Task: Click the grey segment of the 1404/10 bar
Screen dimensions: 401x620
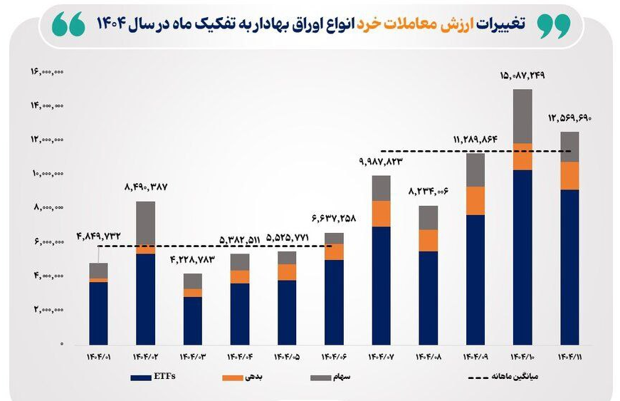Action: coord(522,116)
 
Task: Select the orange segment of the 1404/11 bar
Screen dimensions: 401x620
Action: coord(569,175)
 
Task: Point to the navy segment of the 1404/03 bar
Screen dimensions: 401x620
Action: coord(192,321)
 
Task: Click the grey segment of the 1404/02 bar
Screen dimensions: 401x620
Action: coord(145,223)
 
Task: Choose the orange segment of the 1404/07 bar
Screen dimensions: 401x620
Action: coord(381,213)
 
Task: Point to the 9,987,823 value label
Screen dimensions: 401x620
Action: coord(381,162)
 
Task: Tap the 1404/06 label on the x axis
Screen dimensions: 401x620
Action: coord(334,355)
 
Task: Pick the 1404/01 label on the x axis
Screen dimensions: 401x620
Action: coord(98,355)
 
